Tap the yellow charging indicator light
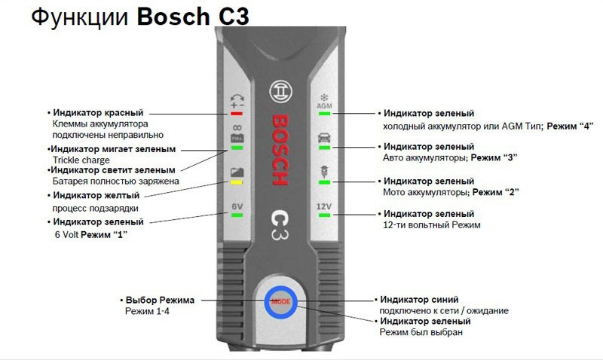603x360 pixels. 236,182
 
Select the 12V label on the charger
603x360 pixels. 324,206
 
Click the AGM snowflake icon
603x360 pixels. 324,102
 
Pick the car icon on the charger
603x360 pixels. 324,139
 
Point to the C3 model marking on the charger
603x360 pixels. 278,224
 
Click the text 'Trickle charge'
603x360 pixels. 81,160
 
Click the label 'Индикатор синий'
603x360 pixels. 419,299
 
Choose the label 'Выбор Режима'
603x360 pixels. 160,300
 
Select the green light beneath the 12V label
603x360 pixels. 324,215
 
